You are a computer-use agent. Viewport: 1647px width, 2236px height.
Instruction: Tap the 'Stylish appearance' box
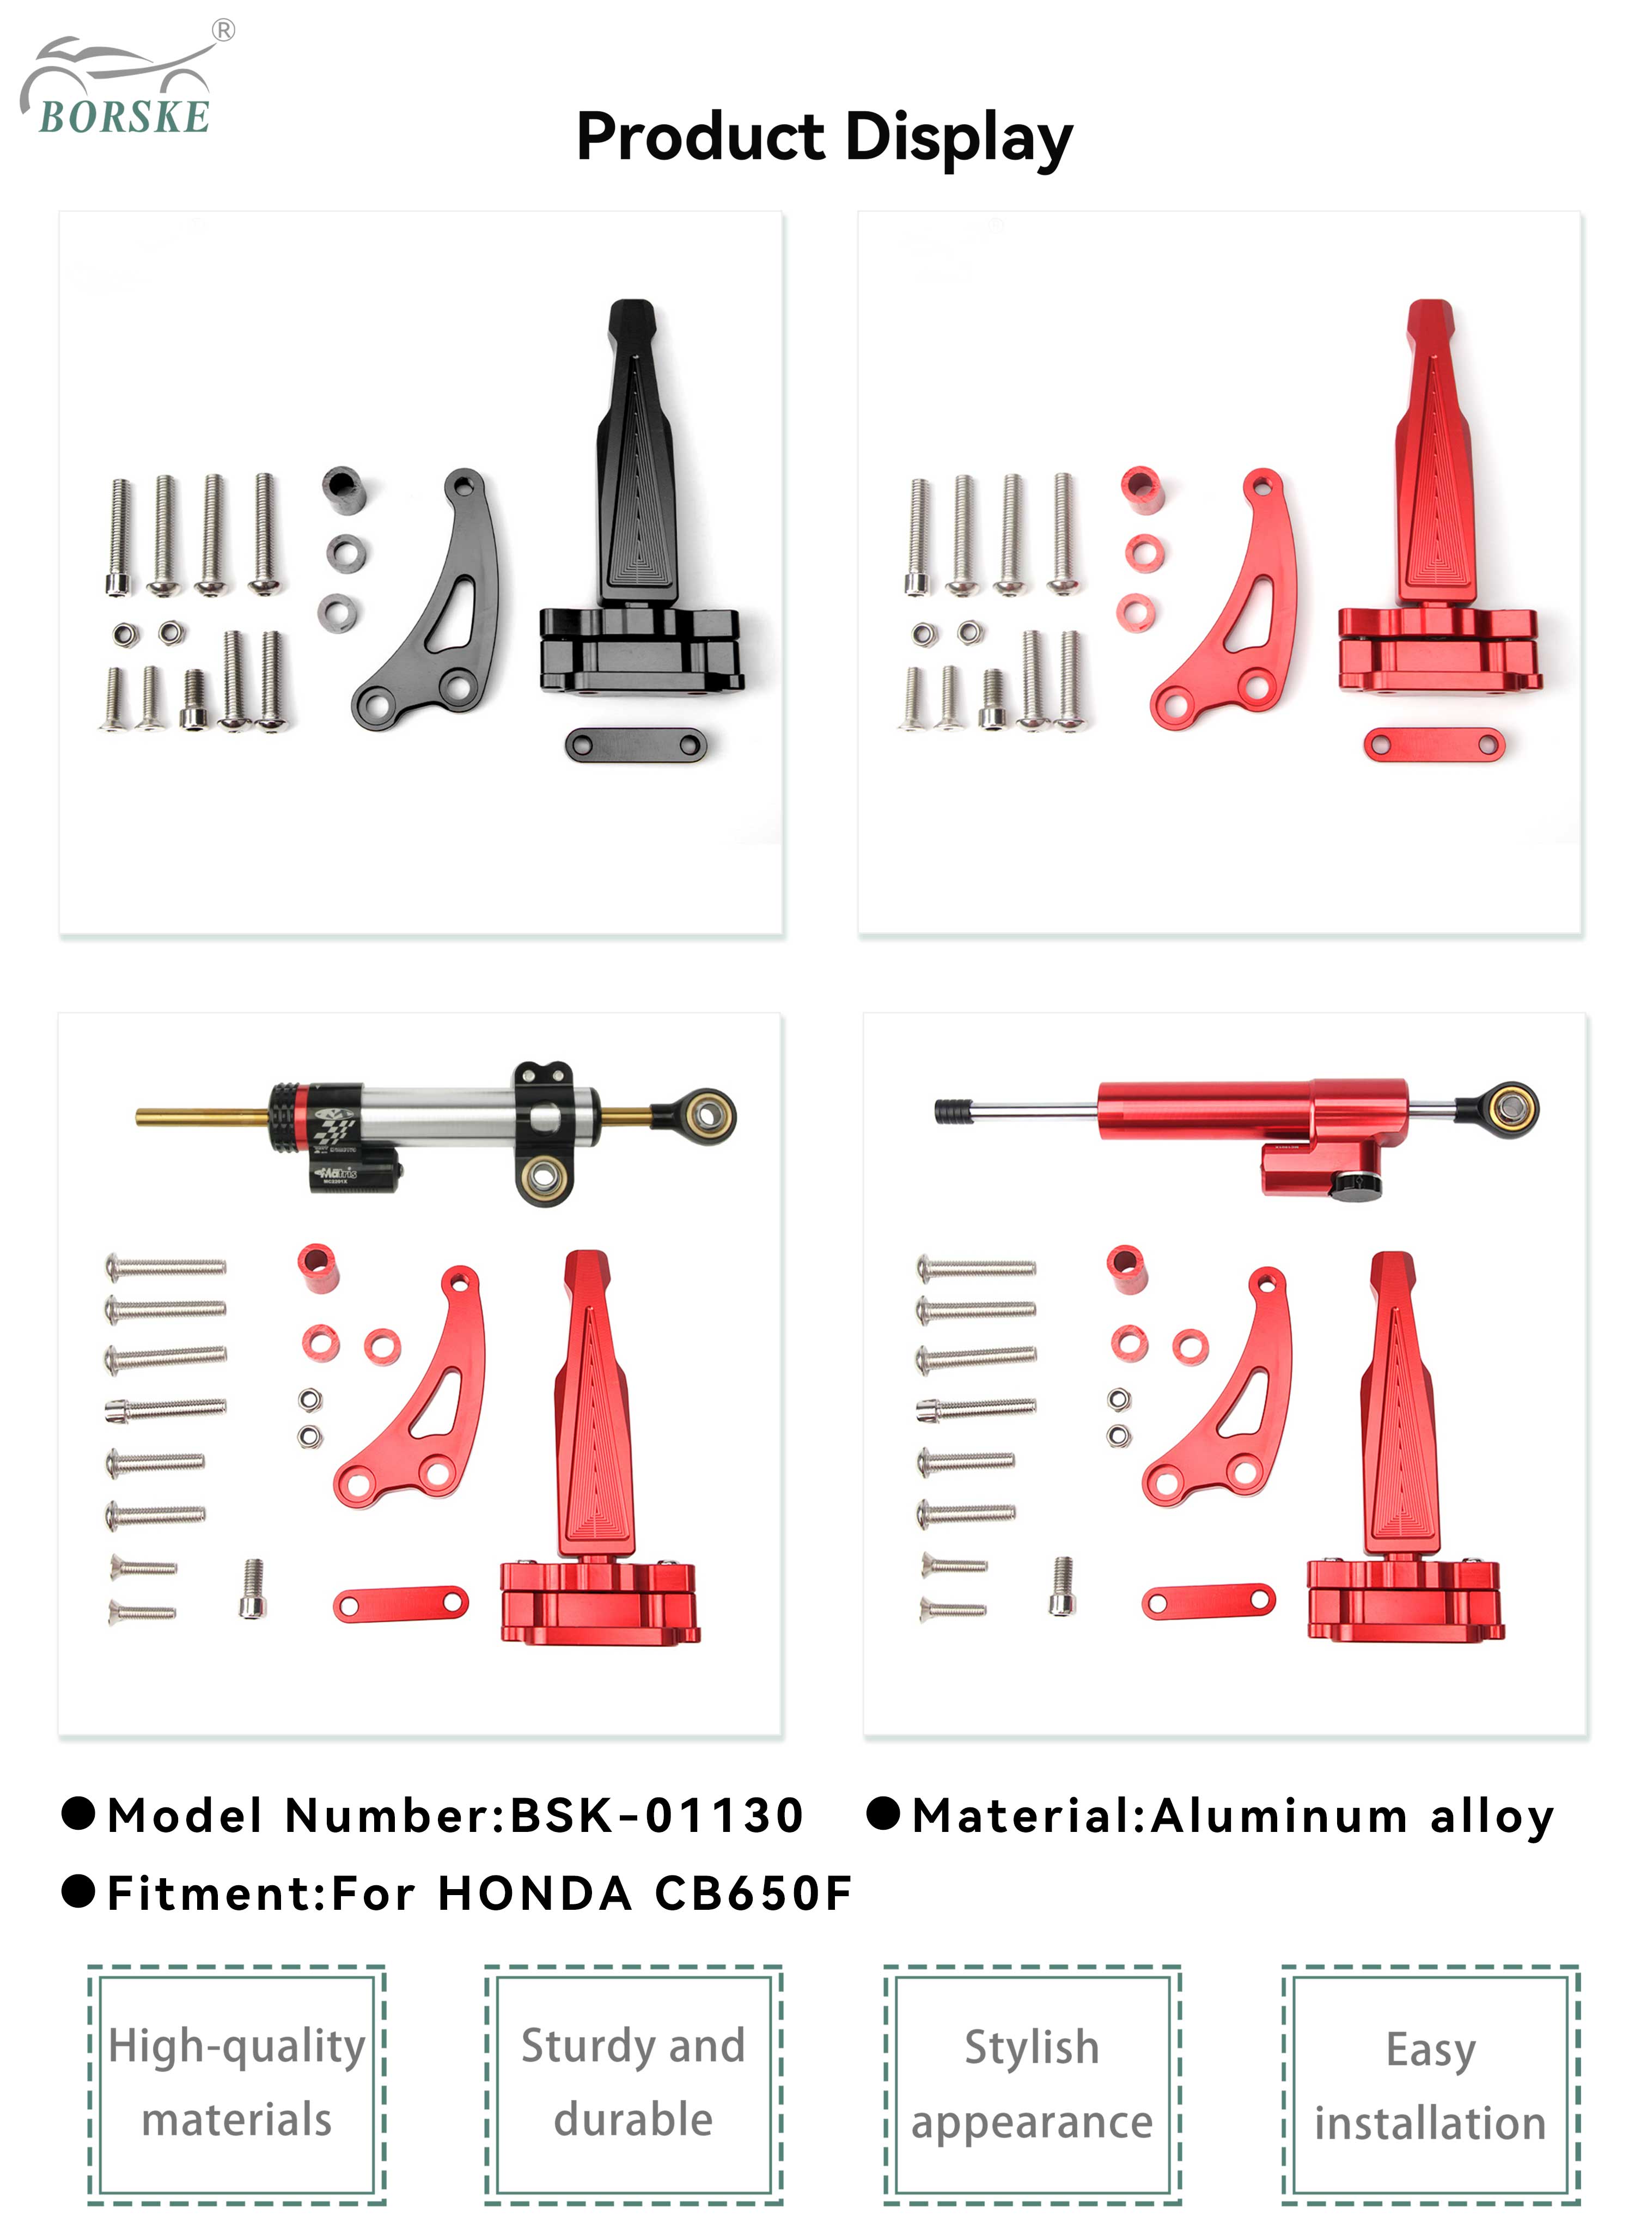[x=1032, y=2085]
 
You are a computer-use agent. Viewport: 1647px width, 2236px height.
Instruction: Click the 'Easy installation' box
[x=1431, y=2085]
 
